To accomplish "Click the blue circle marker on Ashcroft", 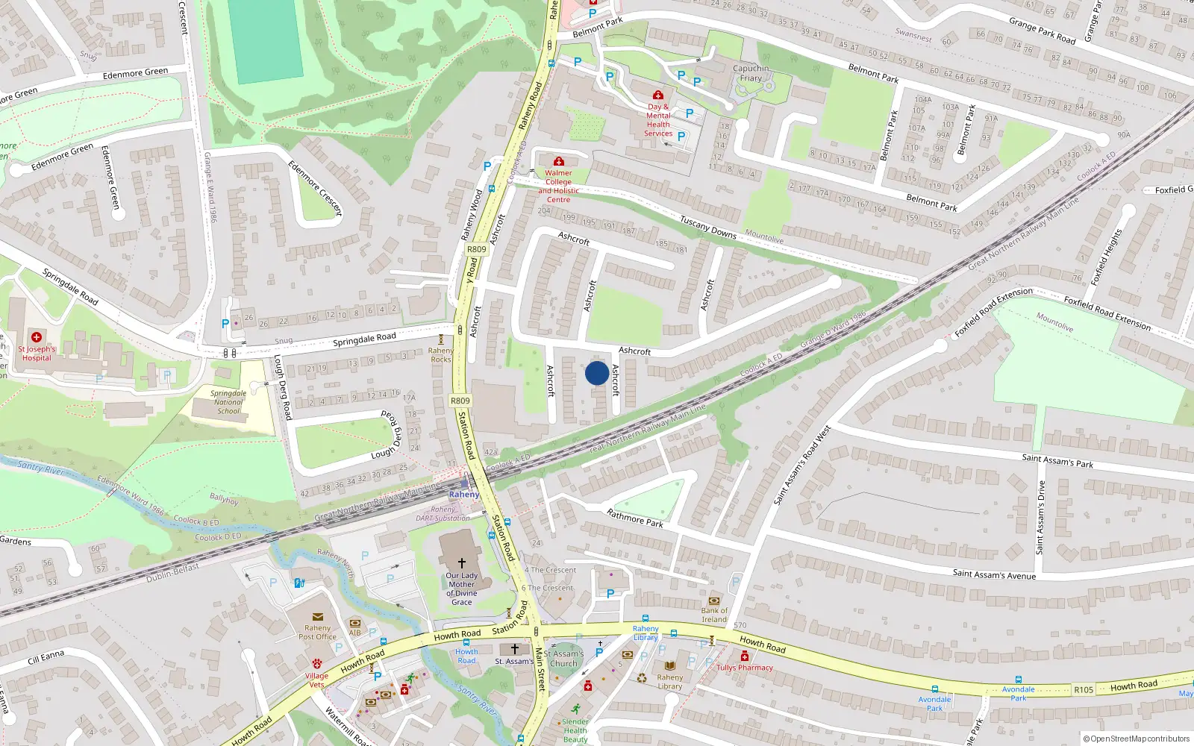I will pos(596,373).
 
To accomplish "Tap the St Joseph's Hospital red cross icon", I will pos(36,337).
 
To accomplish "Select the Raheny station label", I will pos(464,495).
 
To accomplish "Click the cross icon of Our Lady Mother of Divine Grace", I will pos(461,563).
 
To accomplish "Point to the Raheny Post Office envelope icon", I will pos(317,617).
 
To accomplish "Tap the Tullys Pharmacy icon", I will pos(744,656).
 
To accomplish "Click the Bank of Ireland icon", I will pos(714,601).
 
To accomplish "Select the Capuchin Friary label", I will pos(751,72).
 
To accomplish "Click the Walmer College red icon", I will pos(558,162).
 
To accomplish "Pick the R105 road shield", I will pos(1084,690).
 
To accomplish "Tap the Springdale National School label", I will pos(228,402).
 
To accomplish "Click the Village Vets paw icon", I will pos(316,663).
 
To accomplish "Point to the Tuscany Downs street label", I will pos(708,228).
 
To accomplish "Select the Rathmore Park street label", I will pos(635,518).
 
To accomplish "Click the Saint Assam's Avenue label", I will pos(994,574).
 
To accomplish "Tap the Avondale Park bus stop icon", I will pos(934,689).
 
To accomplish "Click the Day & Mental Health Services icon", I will pos(657,95).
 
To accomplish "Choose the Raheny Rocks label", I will pos(441,354).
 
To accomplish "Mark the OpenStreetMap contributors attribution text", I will pos(1137,739).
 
